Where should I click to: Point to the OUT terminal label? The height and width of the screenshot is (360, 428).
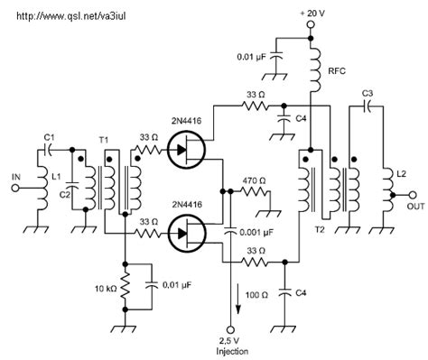point(414,206)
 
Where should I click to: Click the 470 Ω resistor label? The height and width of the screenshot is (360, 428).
point(257,179)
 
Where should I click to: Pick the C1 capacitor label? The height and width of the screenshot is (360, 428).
point(49,137)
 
